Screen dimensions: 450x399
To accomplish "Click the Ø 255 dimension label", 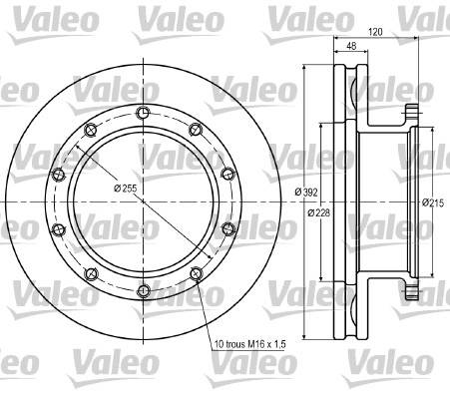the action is click(x=126, y=189).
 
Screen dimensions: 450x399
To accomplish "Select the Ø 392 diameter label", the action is click(x=306, y=192).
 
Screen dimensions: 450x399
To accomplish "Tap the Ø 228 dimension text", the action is click(x=319, y=212).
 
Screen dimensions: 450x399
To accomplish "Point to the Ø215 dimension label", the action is click(x=433, y=202).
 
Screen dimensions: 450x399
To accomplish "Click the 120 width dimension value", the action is click(x=375, y=32).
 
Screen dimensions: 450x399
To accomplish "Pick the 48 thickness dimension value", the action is click(x=351, y=46).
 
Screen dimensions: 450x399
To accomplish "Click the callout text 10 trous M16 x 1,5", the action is click(x=250, y=344).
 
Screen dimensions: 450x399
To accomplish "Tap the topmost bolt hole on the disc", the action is click(x=144, y=113).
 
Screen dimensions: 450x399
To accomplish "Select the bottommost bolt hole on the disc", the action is click(x=144, y=291).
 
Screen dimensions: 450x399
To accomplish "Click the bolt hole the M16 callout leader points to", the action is click(x=196, y=273).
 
